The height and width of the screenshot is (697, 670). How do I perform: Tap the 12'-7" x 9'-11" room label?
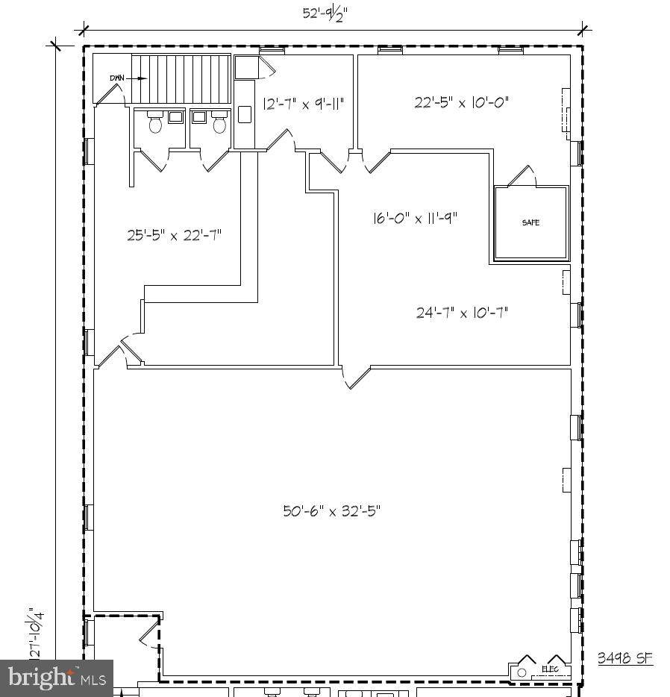(302, 103)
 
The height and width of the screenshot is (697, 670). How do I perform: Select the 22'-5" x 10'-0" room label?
(462, 102)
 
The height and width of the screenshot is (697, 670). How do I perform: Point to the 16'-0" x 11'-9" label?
(414, 218)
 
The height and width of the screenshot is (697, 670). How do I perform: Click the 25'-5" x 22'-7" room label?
(174, 235)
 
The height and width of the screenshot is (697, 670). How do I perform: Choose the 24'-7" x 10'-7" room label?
(462, 312)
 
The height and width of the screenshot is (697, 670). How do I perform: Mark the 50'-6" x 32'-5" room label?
(332, 511)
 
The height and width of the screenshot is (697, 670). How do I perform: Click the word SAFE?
(530, 222)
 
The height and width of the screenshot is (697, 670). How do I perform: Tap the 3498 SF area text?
(624, 658)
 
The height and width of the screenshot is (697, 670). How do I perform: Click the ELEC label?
(551, 669)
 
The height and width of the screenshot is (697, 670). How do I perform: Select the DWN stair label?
(117, 78)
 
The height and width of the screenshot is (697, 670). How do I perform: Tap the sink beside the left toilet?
(176, 116)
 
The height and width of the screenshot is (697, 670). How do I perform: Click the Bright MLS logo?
(56, 678)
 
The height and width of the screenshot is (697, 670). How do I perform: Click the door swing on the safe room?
(522, 176)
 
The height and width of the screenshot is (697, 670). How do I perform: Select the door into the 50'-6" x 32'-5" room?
(356, 378)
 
